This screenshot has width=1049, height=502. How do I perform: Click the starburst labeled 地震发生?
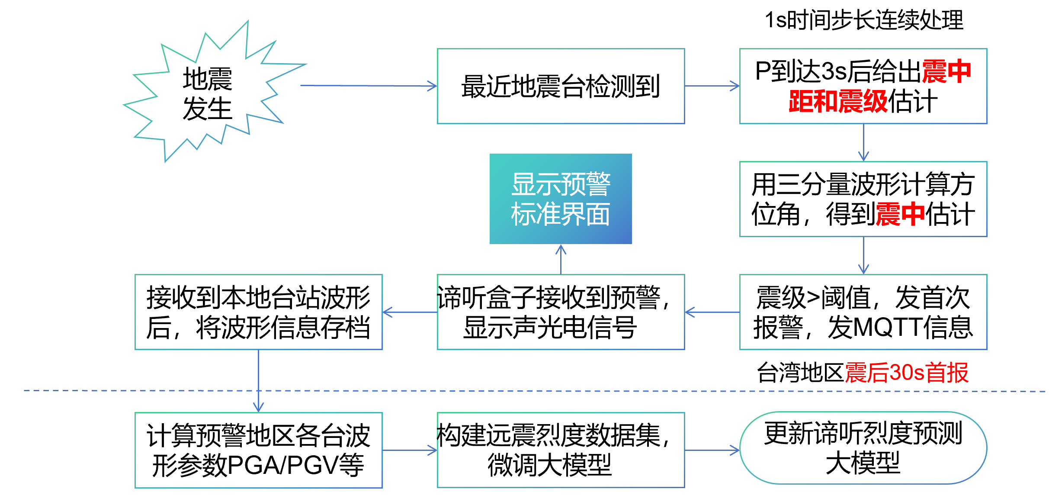208,93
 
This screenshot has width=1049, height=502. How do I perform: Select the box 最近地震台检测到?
561,86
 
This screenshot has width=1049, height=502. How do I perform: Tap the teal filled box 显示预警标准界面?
561,199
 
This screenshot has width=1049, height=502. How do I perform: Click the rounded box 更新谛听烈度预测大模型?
863,448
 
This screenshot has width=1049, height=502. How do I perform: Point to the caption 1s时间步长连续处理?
864,20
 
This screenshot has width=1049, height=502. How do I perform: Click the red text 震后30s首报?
907,373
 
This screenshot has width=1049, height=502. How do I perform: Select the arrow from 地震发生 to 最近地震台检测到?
368,86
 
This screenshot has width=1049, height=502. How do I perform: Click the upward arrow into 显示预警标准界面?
561,259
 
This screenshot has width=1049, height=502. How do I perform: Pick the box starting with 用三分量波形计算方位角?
863,199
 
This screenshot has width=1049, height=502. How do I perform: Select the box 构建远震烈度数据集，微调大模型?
561,450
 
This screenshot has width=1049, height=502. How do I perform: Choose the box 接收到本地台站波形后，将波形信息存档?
258,312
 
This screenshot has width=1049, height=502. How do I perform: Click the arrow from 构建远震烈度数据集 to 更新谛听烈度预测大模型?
712,450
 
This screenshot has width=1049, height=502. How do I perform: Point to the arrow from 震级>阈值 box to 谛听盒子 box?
712,312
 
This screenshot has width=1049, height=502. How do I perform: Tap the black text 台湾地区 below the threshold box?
800,373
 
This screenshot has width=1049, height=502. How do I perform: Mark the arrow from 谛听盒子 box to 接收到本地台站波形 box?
410,312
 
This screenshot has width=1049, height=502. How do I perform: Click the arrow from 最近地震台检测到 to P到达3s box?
712,86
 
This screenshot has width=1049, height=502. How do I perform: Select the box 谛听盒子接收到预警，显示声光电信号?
561,312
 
